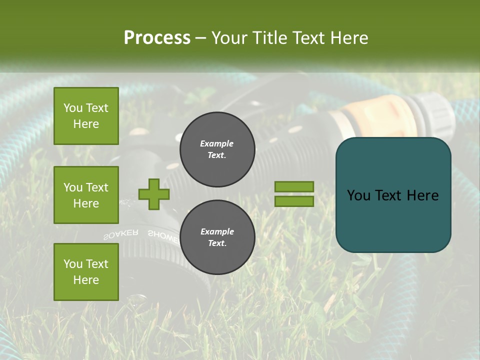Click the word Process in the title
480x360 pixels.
click(157, 37)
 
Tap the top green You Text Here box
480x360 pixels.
click(86, 116)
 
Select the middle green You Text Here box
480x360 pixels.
click(86, 195)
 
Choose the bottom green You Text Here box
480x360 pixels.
click(86, 271)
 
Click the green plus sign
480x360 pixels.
click(153, 194)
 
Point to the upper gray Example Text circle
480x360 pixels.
click(217, 149)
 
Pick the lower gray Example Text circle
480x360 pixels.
click(217, 237)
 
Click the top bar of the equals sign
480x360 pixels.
click(294, 186)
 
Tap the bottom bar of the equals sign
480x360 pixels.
click(294, 201)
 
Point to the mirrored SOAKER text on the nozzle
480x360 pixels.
click(121, 235)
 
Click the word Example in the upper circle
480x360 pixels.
click(217, 143)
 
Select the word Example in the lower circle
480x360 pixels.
click(217, 231)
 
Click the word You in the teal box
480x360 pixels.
click(358, 195)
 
